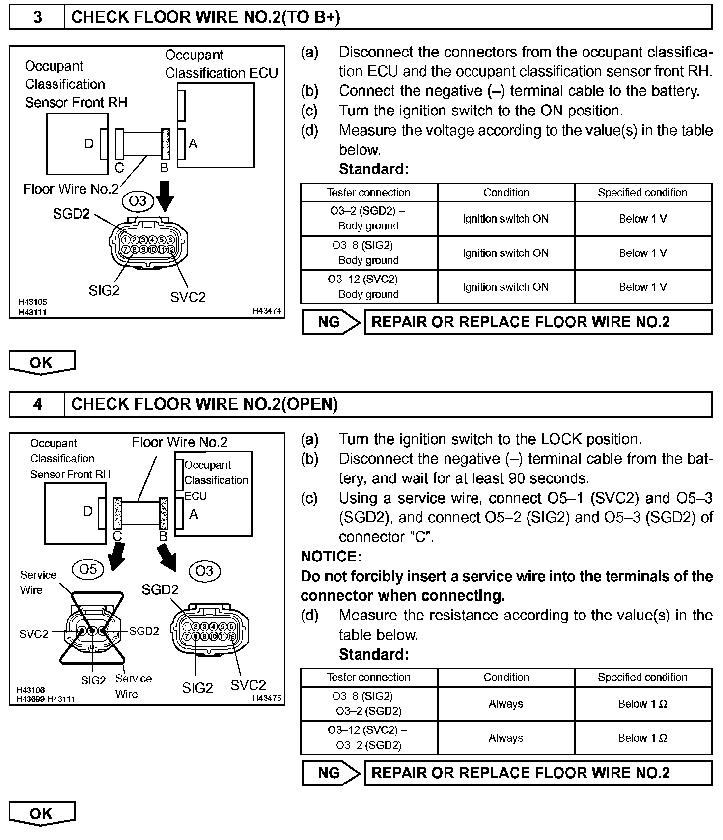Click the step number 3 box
(37, 18)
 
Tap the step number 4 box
(37, 404)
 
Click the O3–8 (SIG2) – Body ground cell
(368, 253)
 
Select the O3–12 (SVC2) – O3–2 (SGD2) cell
(368, 738)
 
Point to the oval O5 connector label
(88, 569)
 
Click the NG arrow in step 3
(331, 322)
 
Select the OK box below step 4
(42, 814)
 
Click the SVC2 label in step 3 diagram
(188, 297)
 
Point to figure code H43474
(267, 311)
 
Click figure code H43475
(267, 698)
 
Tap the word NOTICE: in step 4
(331, 557)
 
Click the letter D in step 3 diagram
(88, 144)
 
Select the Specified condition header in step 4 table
(642, 677)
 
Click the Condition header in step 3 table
(506, 193)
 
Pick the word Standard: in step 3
(373, 169)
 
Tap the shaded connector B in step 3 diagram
(166, 144)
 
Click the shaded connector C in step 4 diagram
(117, 513)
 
